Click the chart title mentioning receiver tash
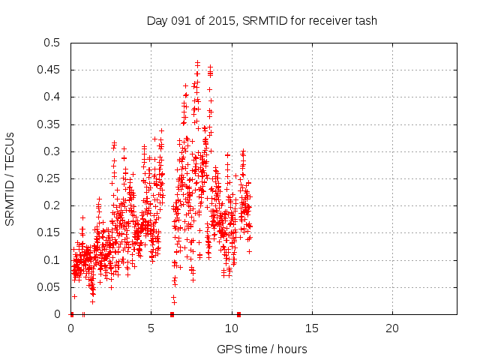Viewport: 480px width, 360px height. pos(262,20)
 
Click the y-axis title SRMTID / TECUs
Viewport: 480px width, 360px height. pos(10,178)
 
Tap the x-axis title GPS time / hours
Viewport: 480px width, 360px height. pos(262,349)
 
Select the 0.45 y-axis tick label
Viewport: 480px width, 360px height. pos(51,70)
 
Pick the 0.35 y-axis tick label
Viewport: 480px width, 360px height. pos(51,124)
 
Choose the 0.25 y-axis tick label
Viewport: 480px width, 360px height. pos(51,178)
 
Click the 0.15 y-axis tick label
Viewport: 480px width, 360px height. pos(51,233)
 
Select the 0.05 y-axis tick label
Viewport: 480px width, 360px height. pos(51,287)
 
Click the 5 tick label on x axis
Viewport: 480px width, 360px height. pos(151,328)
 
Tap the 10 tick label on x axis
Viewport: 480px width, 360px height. pos(231,328)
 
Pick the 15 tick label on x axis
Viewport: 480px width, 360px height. pos(311,328)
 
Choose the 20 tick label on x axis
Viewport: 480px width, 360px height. pos(391,328)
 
